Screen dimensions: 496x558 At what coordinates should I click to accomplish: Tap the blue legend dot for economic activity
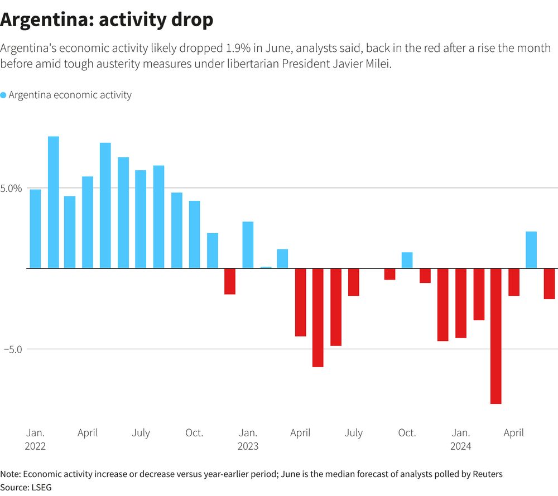(x=3, y=95)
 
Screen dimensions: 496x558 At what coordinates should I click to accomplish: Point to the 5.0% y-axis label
(x=11, y=189)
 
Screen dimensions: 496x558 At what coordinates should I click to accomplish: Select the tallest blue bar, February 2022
(x=54, y=202)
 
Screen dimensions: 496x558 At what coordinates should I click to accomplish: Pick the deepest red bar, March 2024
(x=496, y=336)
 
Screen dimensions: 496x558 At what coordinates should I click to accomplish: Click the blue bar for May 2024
(x=531, y=250)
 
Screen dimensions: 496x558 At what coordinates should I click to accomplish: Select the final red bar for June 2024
(x=549, y=283)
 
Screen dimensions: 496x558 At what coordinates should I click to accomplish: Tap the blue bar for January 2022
(x=36, y=229)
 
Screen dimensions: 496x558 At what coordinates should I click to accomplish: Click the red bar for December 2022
(x=230, y=281)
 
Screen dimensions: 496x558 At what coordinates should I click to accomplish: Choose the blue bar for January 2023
(x=248, y=245)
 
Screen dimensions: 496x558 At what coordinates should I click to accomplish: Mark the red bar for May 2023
(x=318, y=317)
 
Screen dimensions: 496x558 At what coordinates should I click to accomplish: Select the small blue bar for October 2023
(x=407, y=260)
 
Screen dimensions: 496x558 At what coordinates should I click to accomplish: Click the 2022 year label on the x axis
(x=35, y=446)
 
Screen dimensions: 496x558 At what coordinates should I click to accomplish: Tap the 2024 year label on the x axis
(x=460, y=446)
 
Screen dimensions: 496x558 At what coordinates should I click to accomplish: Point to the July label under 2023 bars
(x=353, y=433)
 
